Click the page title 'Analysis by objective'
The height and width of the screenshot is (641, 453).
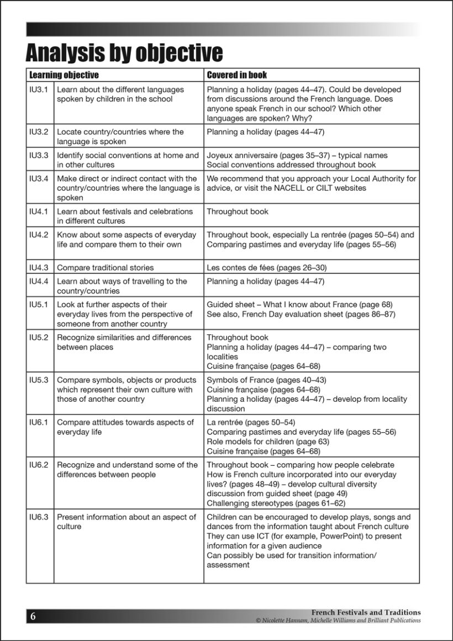coord(124,52)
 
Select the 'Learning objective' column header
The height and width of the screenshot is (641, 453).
coord(64,75)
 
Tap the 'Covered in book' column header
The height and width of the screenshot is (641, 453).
coord(237,75)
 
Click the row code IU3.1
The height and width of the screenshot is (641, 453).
coord(39,90)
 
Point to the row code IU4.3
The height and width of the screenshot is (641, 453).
coord(39,267)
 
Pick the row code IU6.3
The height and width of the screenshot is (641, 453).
coord(39,517)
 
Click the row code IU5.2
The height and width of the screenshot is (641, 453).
coord(39,338)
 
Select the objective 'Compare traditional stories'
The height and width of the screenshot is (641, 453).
coord(106,267)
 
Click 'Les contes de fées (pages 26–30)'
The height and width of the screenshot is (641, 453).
coord(267,267)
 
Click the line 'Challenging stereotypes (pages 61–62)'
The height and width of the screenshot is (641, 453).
coord(275,503)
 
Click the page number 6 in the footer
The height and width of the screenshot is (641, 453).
coord(33,617)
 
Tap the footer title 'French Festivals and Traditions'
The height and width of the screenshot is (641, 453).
coord(366,612)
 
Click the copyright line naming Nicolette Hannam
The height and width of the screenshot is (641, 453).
coord(338,621)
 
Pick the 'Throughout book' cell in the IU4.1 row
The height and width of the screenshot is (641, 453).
coord(238,212)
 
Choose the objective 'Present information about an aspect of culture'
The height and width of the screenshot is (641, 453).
coord(127,522)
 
